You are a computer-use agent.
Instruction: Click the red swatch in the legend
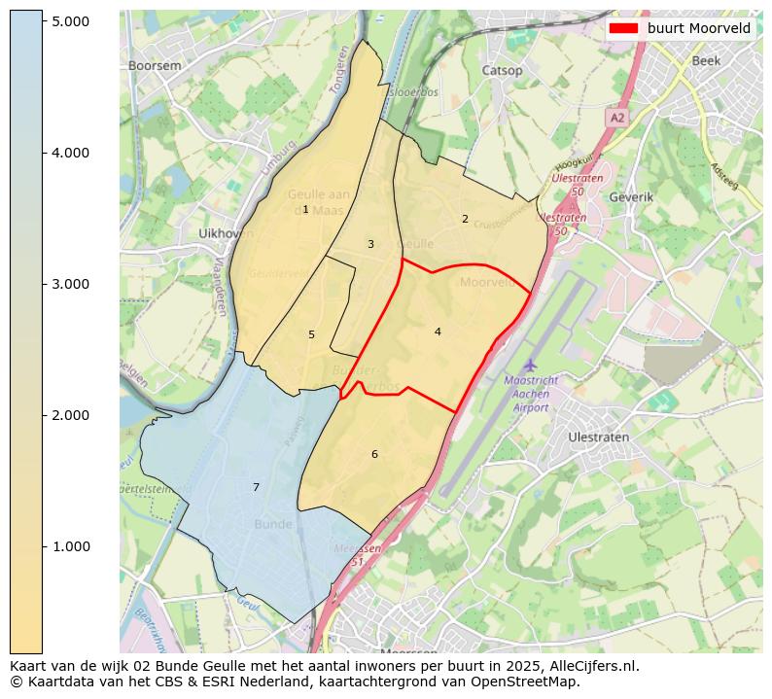click(623, 28)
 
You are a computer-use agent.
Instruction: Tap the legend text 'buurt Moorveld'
click(698, 28)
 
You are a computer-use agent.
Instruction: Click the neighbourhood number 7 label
click(257, 487)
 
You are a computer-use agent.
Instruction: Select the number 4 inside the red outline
click(438, 332)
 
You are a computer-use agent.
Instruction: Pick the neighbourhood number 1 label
click(305, 210)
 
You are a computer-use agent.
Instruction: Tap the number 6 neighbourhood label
click(374, 454)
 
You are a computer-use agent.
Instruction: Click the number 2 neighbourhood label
click(465, 219)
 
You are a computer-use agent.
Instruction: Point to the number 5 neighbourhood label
click(311, 334)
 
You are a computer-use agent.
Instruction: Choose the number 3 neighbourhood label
click(370, 244)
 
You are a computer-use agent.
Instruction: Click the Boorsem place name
click(155, 65)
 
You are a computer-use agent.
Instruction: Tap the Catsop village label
click(502, 70)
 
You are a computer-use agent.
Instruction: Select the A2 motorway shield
click(617, 117)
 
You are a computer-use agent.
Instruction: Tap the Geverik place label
click(631, 196)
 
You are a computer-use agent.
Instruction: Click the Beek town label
click(706, 60)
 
